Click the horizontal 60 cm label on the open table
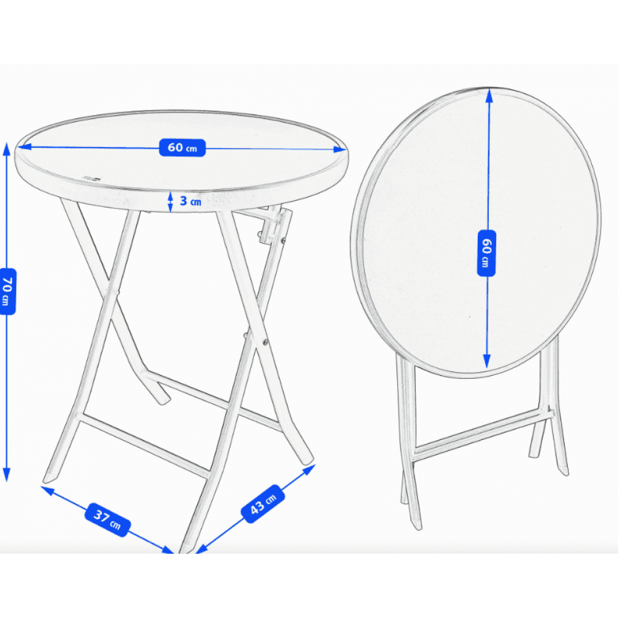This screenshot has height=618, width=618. tap(182, 148)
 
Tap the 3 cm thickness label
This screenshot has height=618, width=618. tap(191, 201)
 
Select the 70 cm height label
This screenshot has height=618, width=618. tap(7, 291)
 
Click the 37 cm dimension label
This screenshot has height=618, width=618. tap(108, 520)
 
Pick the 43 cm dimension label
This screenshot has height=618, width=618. tap(263, 504)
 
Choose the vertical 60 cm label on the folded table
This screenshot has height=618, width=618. tap(486, 253)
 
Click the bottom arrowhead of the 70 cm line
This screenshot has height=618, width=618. tap(6, 475)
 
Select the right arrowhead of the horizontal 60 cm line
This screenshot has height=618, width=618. tap(341, 150)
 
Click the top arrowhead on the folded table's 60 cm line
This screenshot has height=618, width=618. tap(489, 96)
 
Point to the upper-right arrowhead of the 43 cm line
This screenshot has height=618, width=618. tap(309, 470)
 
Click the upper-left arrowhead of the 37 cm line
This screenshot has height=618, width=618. tap(48, 490)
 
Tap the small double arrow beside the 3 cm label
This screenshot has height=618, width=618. tap(171, 202)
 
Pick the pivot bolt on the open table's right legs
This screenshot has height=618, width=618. tap(265, 342)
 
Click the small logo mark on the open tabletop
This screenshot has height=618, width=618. tap(91, 178)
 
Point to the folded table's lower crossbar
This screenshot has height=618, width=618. tap(483, 434)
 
